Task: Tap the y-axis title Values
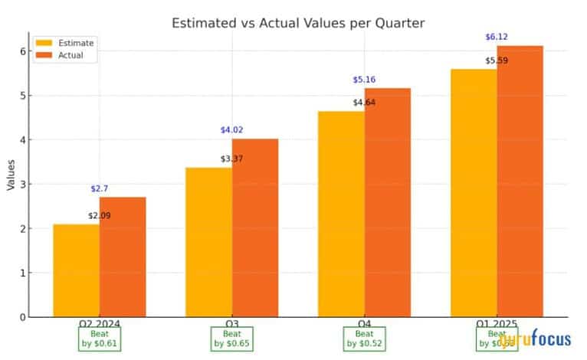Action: click(x=11, y=175)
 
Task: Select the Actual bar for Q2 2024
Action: click(x=123, y=257)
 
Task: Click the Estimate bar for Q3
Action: click(x=208, y=242)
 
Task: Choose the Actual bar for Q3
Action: click(x=255, y=227)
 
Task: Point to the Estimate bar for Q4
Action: click(x=342, y=214)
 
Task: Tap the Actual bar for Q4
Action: click(x=388, y=202)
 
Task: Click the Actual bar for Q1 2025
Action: click(x=520, y=181)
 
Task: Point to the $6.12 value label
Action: click(x=497, y=37)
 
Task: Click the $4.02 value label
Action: click(x=231, y=130)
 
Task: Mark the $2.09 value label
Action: click(x=100, y=215)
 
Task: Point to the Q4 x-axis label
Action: click(x=365, y=323)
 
